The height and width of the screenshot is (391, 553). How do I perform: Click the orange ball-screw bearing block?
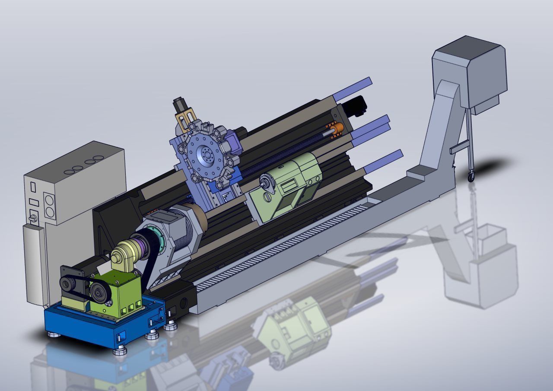click(x=337, y=128)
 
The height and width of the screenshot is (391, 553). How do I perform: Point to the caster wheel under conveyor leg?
click(x=470, y=177)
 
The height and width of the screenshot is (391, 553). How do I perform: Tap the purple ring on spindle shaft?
click(x=137, y=251)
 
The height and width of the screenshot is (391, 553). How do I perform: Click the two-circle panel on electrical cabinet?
click(x=49, y=206)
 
